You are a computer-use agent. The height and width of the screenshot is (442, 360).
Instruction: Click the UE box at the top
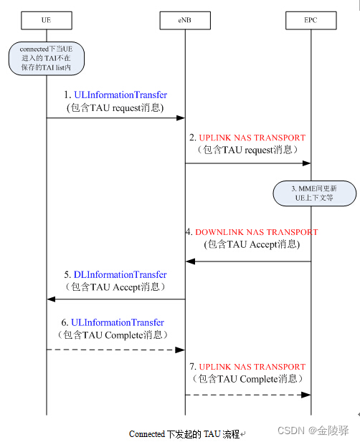tap(47, 21)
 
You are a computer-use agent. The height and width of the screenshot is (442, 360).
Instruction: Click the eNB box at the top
tap(185, 21)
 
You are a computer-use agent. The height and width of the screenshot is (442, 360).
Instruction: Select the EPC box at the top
tap(311, 21)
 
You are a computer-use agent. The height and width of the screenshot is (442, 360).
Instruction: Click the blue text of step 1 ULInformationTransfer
tap(120, 95)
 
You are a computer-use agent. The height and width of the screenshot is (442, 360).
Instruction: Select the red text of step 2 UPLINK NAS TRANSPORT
tap(252, 138)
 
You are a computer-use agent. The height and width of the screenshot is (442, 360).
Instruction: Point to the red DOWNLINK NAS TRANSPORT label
tap(256, 232)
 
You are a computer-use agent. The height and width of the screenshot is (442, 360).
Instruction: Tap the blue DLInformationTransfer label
tap(120, 275)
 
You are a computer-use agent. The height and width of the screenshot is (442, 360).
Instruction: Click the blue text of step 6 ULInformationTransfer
tap(119, 323)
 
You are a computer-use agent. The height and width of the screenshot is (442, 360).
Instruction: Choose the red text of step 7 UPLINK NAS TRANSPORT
tap(252, 367)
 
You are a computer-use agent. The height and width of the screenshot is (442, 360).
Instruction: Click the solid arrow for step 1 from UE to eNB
tap(115, 118)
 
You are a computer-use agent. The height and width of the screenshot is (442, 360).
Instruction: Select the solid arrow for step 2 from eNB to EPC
tap(247, 163)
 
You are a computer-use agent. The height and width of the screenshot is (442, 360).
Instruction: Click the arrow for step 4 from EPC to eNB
tap(247, 261)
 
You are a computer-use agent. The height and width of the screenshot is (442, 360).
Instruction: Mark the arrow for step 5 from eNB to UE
tap(115, 299)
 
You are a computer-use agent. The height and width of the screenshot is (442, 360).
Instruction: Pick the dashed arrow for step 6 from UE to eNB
tap(115, 350)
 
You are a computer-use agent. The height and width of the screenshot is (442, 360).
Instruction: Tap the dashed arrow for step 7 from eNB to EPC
tap(247, 395)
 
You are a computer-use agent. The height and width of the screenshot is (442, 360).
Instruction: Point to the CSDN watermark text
tap(313, 431)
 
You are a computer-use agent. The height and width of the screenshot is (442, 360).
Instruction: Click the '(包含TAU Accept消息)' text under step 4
tap(252, 244)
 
